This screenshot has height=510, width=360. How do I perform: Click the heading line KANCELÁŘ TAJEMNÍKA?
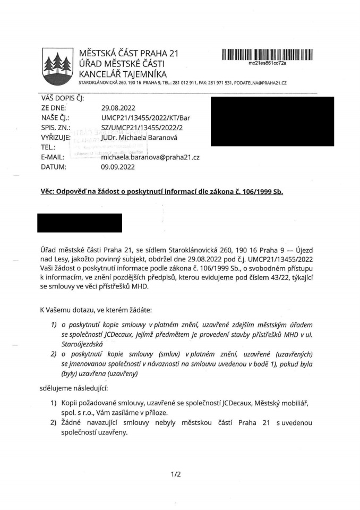click(122, 74)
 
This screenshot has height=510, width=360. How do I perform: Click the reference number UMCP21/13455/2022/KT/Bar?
click(145, 117)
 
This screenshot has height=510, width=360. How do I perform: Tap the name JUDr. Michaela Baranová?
click(145, 138)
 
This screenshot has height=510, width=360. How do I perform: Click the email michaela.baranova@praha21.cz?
click(150, 157)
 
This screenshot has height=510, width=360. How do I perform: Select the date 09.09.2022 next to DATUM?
click(118, 167)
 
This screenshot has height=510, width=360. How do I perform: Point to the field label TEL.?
click(49, 147)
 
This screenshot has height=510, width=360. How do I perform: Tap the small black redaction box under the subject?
click(80, 223)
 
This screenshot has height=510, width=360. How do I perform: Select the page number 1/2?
click(176, 474)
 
